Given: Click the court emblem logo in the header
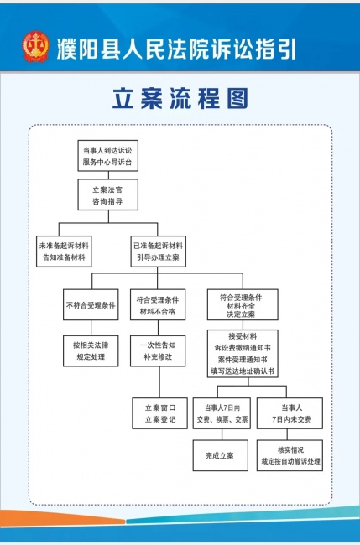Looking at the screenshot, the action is (x=36, y=47).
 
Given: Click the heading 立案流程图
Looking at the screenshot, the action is (x=180, y=99).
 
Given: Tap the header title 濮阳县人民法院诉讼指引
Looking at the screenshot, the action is (x=176, y=49).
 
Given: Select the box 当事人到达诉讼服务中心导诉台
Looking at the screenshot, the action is (x=107, y=156).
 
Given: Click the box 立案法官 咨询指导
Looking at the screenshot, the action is (x=107, y=195).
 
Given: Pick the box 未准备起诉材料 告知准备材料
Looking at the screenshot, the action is (x=64, y=252).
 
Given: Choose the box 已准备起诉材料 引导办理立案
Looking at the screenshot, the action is (x=159, y=252).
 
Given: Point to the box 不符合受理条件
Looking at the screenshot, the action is (x=91, y=304).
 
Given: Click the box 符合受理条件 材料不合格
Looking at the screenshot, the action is (x=158, y=304).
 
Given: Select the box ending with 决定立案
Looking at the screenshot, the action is (x=243, y=304).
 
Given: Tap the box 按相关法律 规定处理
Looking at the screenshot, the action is (x=91, y=350).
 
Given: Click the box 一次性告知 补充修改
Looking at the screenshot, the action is (x=158, y=350).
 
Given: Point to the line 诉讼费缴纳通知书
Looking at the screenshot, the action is (x=243, y=348).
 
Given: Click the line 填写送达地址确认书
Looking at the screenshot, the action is (x=243, y=371).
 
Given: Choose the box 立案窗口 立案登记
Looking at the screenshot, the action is (x=160, y=413).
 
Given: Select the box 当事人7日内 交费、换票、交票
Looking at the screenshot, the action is (x=222, y=413).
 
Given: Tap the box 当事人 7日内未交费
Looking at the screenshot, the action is (x=290, y=413).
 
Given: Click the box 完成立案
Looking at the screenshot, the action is (x=221, y=455).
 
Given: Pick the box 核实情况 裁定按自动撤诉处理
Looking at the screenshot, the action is (x=290, y=455).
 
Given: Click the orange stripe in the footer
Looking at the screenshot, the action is (x=63, y=517).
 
